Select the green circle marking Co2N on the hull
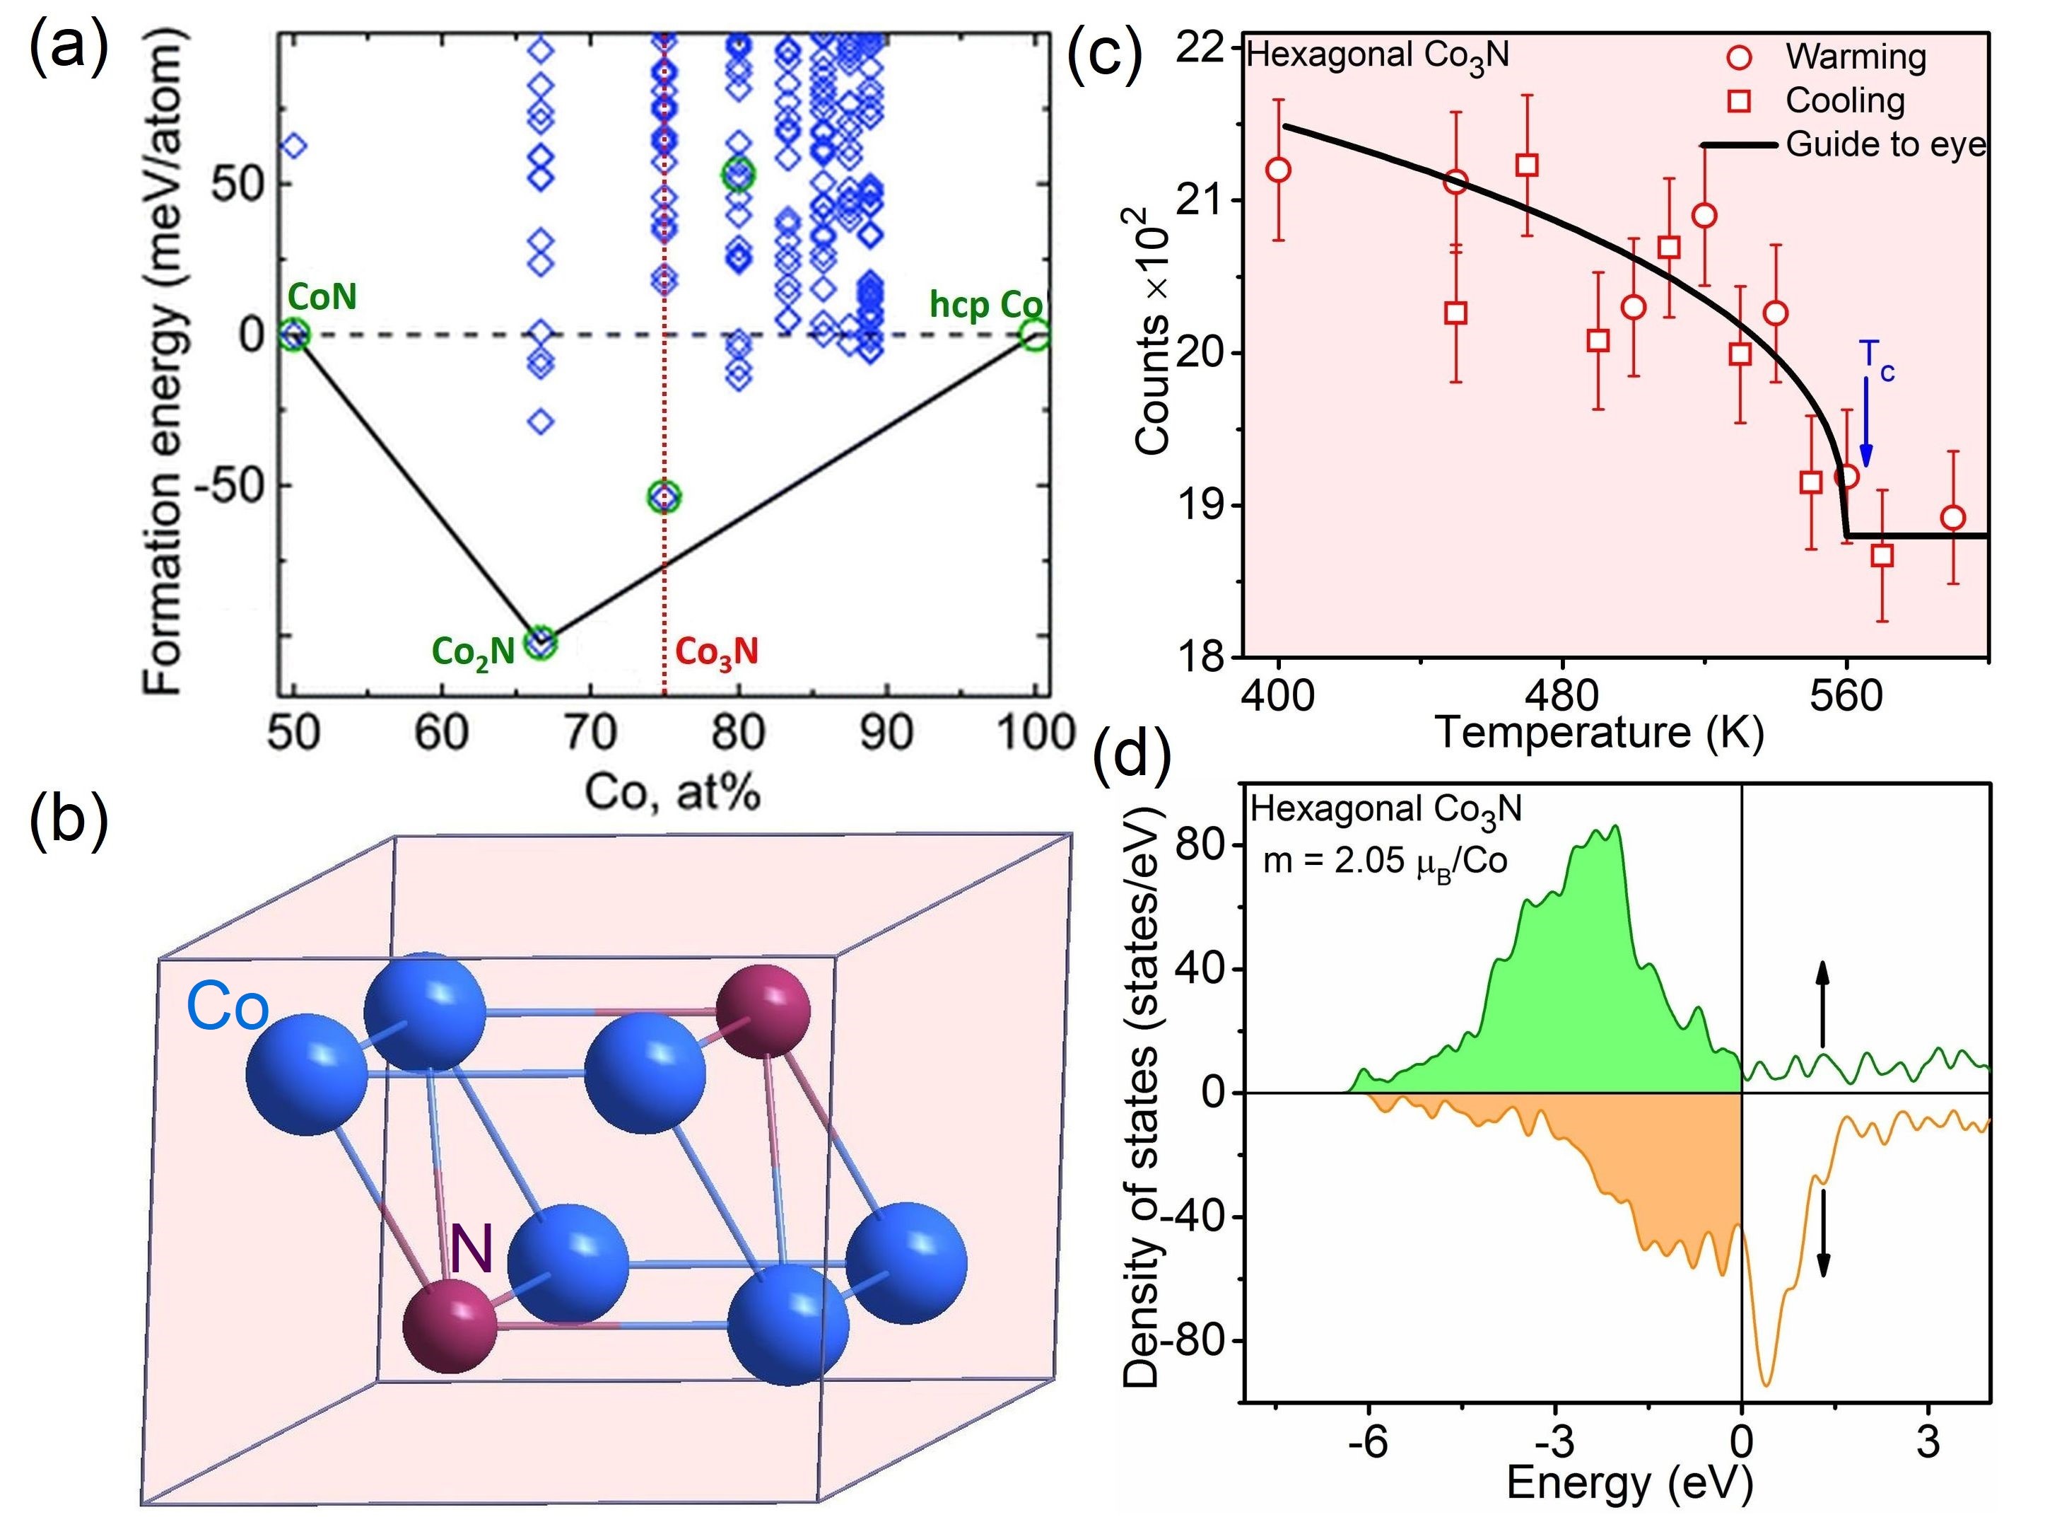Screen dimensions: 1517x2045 (x=541, y=644)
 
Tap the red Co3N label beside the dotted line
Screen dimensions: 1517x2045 (x=717, y=652)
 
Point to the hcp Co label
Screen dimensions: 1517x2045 (x=985, y=304)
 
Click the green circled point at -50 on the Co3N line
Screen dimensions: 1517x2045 (x=664, y=496)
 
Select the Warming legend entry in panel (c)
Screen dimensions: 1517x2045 (x=1854, y=57)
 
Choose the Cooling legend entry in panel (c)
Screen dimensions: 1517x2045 (x=1843, y=101)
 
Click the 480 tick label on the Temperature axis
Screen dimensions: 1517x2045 (x=1561, y=696)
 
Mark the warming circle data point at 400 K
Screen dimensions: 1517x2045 (x=1277, y=170)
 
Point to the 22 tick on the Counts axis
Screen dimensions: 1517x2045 (x=1202, y=48)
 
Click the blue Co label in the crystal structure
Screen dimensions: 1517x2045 (x=228, y=1007)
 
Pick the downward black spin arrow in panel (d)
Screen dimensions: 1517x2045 (x=1823, y=1245)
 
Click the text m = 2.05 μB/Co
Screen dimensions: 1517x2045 (x=1384, y=861)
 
